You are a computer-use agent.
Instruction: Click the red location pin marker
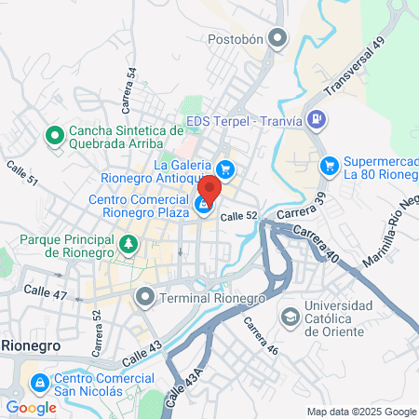[209, 188]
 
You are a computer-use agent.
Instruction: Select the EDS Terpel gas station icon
[317, 119]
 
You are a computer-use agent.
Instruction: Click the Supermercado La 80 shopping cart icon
[329, 165]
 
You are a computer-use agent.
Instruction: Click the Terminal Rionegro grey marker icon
[144, 298]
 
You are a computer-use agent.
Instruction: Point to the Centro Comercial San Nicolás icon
[39, 383]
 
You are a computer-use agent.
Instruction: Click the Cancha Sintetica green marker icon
[54, 137]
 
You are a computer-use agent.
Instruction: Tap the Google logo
[31, 407]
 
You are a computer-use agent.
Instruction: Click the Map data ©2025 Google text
[362, 412]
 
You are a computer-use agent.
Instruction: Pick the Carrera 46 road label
[262, 335]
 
